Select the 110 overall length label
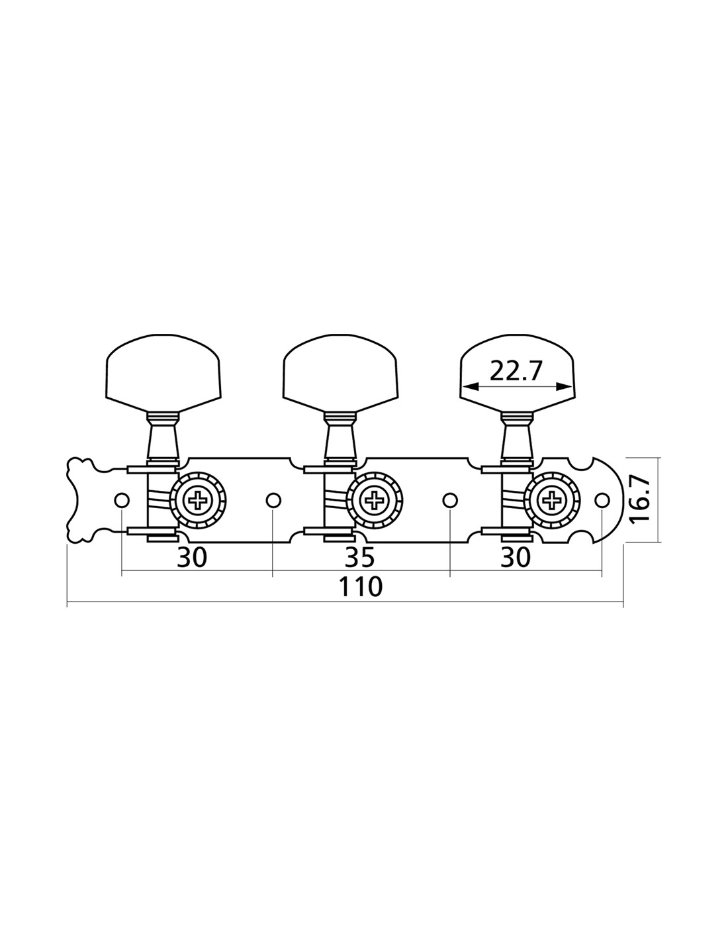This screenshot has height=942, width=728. coord(360,588)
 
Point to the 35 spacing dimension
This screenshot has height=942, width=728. coord(359,558)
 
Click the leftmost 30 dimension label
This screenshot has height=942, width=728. coord(192,558)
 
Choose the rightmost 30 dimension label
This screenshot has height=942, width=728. coord(516,558)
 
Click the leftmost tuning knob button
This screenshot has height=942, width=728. coord(163,373)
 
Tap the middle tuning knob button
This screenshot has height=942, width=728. coord(340,373)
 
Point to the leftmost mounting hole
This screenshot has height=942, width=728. coord(122,500)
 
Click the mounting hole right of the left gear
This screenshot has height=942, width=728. coord(273,500)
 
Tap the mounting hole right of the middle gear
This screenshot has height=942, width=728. coord(451,500)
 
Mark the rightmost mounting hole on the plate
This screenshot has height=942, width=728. coord(602,500)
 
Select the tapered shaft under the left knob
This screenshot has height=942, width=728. coord(163,438)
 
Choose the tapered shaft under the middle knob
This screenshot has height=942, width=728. coord(340,438)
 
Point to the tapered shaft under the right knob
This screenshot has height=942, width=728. coord(517,438)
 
